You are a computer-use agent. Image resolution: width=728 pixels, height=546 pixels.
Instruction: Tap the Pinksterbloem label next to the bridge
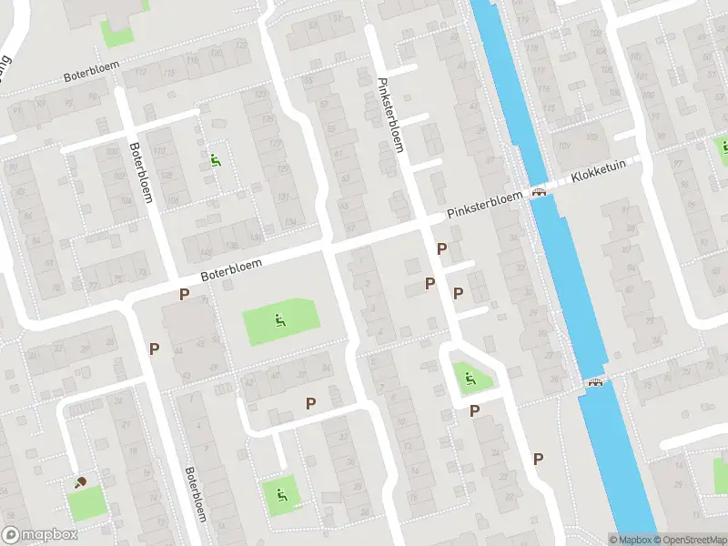484,204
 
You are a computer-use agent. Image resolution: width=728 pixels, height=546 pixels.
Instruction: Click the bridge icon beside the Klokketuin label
540,192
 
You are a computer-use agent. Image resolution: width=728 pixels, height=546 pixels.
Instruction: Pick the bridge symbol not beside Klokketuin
596,382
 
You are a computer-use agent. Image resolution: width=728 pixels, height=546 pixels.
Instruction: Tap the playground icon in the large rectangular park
279,319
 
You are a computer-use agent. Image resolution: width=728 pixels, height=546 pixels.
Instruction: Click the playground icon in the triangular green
470,379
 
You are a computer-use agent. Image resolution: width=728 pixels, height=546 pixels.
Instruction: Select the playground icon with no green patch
216,161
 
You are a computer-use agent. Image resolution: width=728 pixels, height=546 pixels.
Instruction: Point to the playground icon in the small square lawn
280,494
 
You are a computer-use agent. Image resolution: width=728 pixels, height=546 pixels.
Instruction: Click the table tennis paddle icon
81,481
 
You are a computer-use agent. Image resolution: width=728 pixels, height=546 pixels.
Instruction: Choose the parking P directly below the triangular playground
474,411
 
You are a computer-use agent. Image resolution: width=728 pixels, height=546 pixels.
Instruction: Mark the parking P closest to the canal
538,459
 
